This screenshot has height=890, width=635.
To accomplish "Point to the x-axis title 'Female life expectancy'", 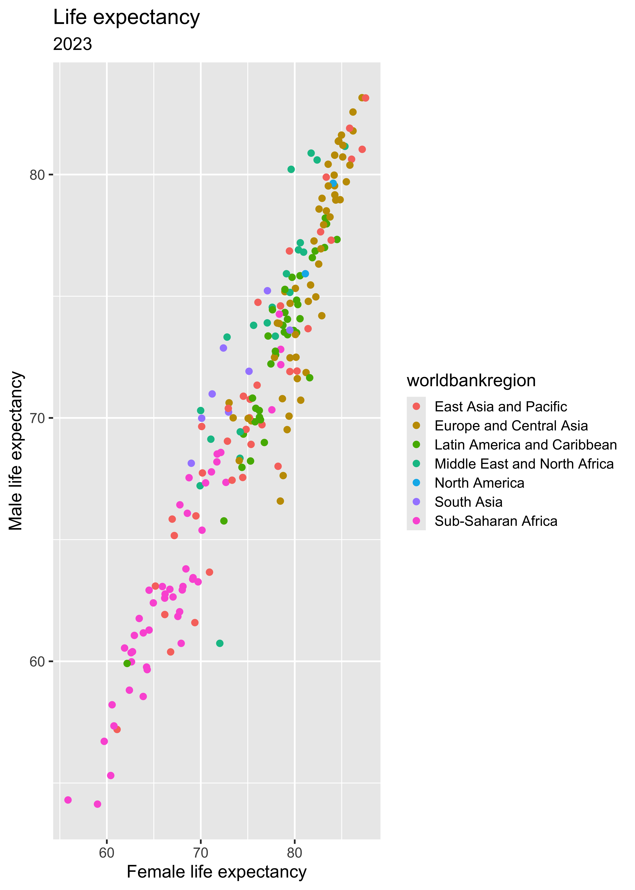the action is pos(217,872).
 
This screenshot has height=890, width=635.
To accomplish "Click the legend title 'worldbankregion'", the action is pos(471,380).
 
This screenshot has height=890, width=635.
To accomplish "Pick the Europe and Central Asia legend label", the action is pos(511,426).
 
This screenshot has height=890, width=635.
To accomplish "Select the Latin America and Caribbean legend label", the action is pos(525,445).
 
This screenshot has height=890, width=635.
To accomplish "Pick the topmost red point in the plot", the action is pos(366,98).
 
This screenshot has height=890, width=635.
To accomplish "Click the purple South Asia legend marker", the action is pos(416,502).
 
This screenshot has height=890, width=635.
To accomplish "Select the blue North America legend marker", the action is pos(416,483).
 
